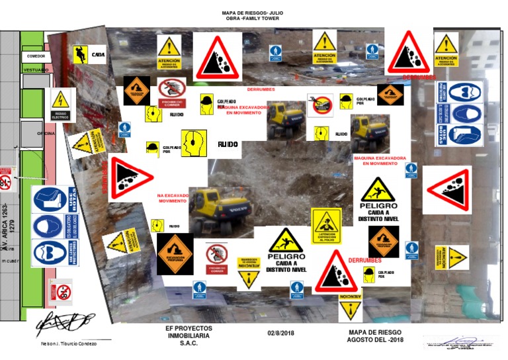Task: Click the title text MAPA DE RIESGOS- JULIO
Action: pyautogui.click(x=253, y=13)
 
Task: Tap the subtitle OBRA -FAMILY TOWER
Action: pyautogui.click(x=253, y=19)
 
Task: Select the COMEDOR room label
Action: pyautogui.click(x=36, y=57)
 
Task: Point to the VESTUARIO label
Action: pyautogui.click(x=36, y=69)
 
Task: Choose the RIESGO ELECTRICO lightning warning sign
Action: pyautogui.click(x=61, y=105)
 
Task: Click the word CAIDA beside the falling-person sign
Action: pyautogui.click(x=98, y=54)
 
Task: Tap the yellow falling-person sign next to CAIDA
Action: pyautogui.click(x=80, y=54)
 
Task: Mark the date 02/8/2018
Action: pyautogui.click(x=282, y=332)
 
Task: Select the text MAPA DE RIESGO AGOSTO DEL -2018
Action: pyautogui.click(x=375, y=336)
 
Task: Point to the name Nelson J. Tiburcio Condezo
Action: pyautogui.click(x=69, y=343)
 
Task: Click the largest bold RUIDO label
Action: pyautogui.click(x=228, y=144)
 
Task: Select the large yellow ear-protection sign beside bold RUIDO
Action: pyautogui.click(x=194, y=143)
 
